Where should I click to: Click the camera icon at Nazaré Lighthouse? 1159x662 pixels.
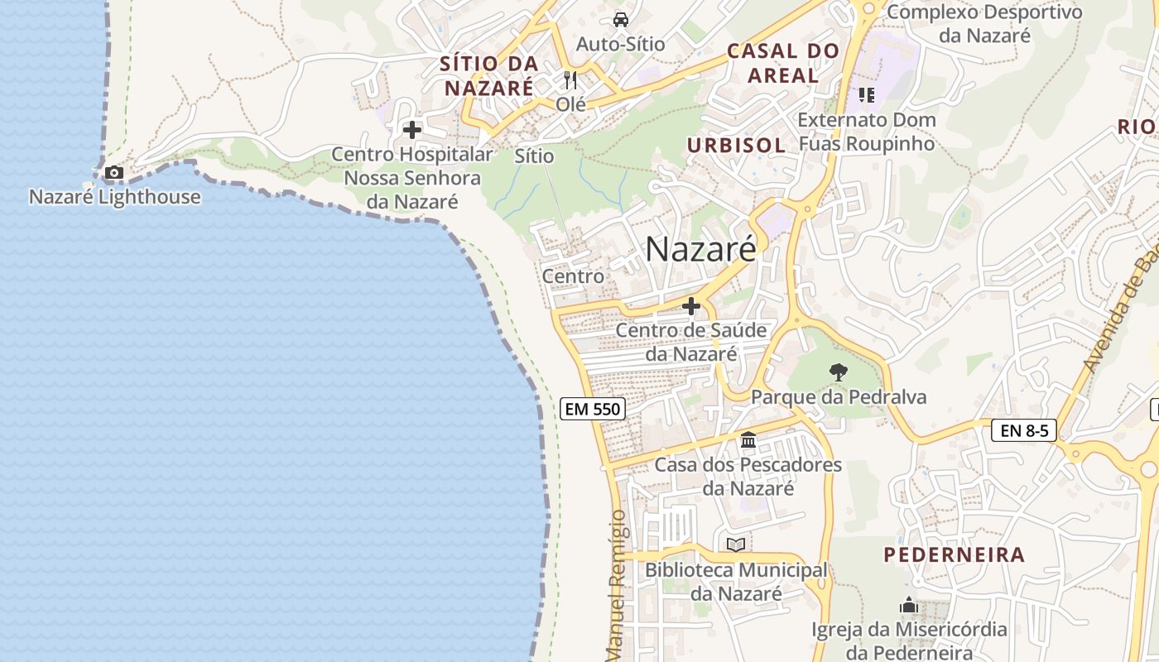tap(113, 173)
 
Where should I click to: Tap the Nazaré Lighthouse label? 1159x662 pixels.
tap(115, 197)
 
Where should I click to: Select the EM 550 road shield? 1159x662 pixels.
tap(592, 408)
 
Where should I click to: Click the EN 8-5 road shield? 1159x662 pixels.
tap(1023, 430)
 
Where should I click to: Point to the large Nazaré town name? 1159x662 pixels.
tap(700, 248)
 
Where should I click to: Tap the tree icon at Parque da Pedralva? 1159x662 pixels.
tap(838, 372)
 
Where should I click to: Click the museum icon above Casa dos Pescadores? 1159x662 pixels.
tap(748, 440)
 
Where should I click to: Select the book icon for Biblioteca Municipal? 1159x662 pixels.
tap(735, 544)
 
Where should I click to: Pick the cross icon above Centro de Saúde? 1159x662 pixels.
tap(690, 307)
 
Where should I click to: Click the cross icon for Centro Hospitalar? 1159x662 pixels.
tap(411, 130)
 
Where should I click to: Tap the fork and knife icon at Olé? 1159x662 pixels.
tap(570, 80)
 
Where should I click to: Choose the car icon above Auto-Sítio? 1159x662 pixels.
tap(620, 19)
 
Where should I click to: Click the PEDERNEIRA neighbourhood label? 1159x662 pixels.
tap(954, 555)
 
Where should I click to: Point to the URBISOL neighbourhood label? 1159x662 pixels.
tap(736, 146)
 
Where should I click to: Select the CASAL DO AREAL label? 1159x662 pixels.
tap(782, 63)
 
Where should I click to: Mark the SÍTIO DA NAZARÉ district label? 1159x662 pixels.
tap(488, 75)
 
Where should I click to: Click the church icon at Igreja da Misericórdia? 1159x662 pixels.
tap(909, 606)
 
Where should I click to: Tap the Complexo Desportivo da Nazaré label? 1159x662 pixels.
tap(984, 23)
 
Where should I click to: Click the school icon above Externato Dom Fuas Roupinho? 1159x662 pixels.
tap(866, 95)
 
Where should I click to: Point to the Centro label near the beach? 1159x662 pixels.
tap(573, 276)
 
